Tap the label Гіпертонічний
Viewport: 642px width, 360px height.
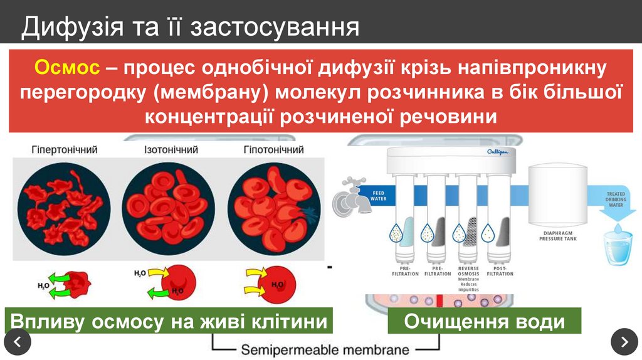[x=65, y=150]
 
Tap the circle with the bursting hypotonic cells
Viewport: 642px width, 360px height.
[x=273, y=208]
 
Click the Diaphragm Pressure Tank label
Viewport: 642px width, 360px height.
[x=559, y=236]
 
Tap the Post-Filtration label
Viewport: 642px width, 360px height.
[x=500, y=271]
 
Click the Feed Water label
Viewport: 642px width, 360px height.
[x=379, y=196]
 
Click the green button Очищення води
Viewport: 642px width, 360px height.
[x=485, y=322]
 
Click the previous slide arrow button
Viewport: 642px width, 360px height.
[x=18, y=342]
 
